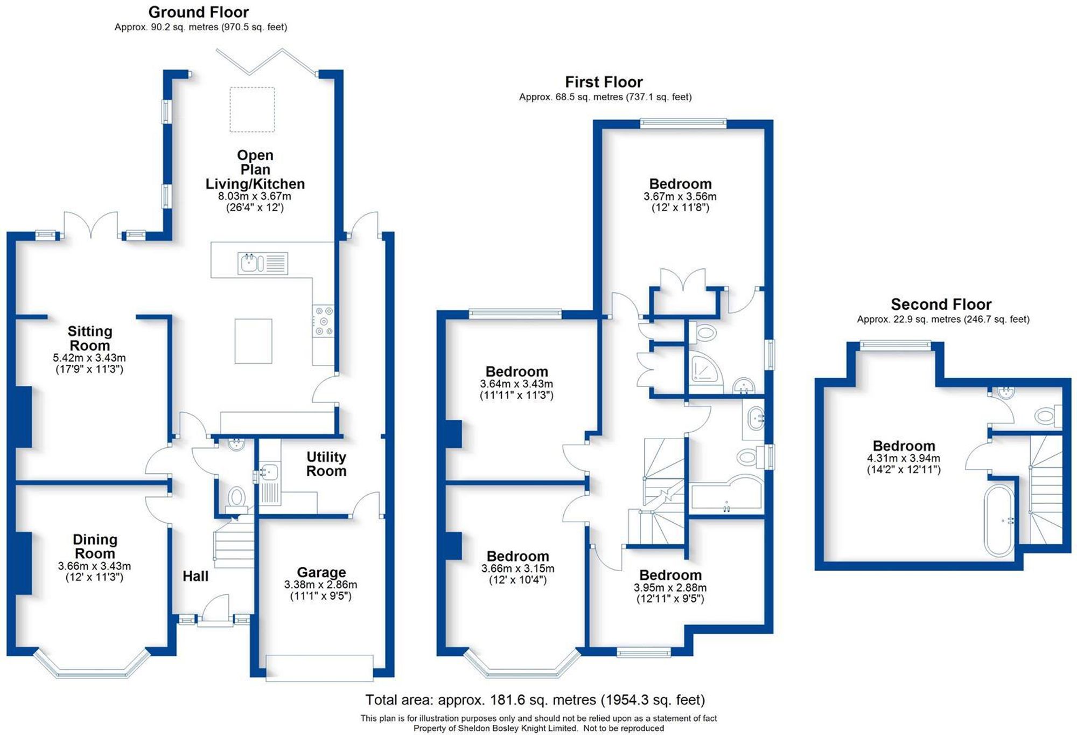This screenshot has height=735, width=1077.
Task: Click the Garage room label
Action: point(321,572)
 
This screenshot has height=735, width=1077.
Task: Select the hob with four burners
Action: point(324,321)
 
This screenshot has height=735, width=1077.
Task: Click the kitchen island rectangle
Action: point(253,341)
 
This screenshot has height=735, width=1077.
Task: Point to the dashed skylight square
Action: point(253,109)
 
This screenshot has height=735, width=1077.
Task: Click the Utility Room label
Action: point(326,464)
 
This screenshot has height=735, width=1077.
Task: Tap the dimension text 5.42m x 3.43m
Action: point(89,358)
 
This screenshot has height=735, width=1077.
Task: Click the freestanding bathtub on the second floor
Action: point(999,521)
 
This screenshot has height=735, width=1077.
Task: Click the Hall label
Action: point(195,576)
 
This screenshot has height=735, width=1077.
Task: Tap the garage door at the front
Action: point(319,668)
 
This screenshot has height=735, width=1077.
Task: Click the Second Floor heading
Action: point(941,304)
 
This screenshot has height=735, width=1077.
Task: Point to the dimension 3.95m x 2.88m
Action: point(670,587)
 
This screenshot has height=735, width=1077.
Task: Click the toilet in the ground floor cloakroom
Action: point(236,497)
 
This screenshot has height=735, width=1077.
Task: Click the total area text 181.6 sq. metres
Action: point(535,699)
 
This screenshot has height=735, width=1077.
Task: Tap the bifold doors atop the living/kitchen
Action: point(266,61)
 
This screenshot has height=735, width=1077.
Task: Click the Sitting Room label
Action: point(89,338)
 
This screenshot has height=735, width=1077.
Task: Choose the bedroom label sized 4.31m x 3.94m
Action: point(904,446)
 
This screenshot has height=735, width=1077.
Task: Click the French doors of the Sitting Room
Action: point(90,225)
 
